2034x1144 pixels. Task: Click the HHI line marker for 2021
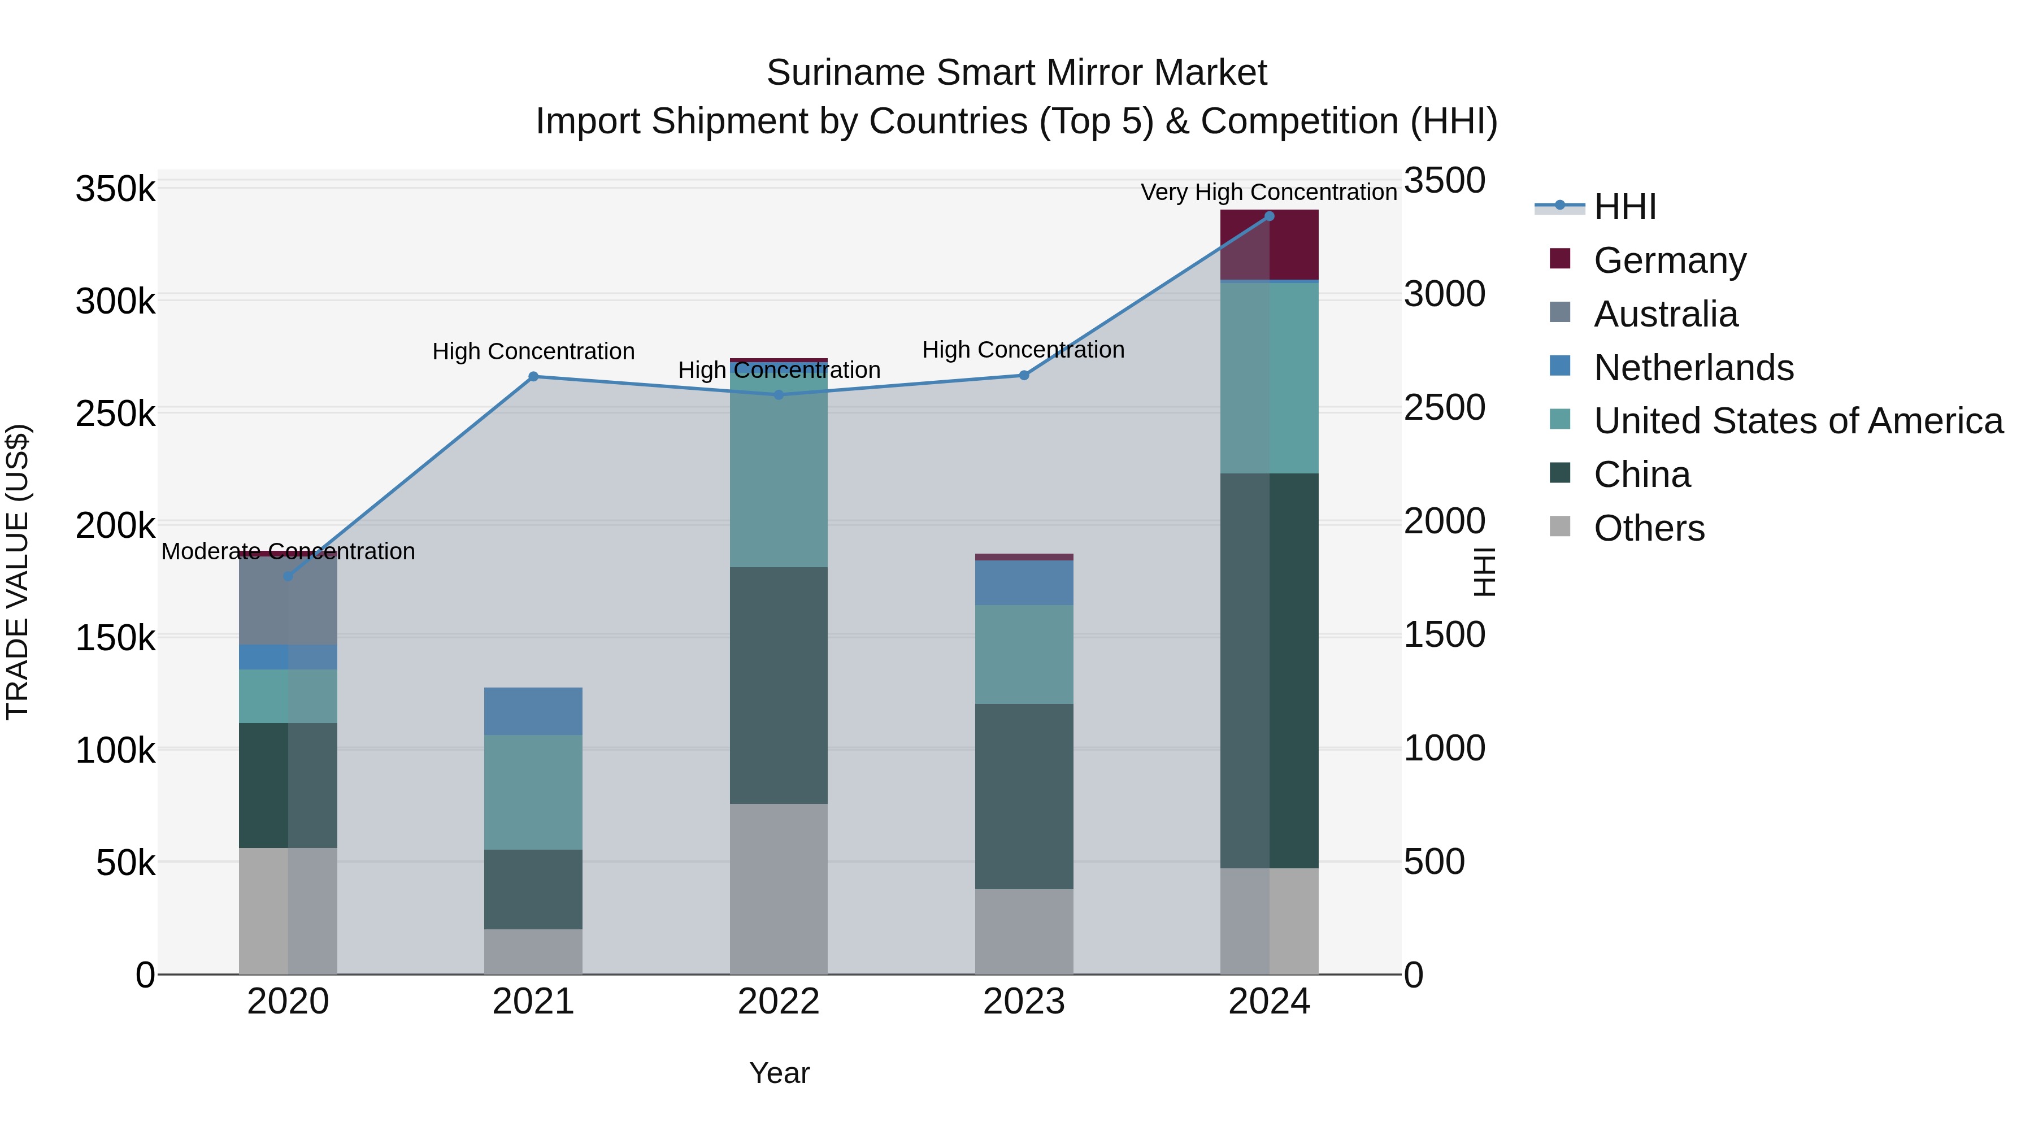click(x=533, y=377)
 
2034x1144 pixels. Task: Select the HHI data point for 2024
click(x=1269, y=216)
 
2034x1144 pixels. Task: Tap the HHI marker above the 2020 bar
click(x=288, y=576)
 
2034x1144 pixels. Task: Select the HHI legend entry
click(x=1624, y=207)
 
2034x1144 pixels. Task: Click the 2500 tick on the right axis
click(x=1444, y=408)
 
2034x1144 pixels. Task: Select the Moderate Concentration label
click(x=288, y=551)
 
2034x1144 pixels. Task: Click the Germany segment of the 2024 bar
click(x=1269, y=245)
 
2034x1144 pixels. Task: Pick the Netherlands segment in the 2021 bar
click(x=533, y=711)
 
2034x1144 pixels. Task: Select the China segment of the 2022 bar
click(x=779, y=685)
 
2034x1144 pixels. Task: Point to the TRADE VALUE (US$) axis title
click(x=18, y=572)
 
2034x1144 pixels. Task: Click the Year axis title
click(x=779, y=1073)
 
